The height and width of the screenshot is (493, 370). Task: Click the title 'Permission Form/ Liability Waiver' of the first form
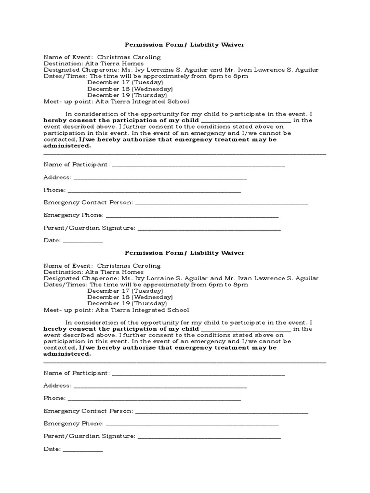pyautogui.click(x=185, y=45)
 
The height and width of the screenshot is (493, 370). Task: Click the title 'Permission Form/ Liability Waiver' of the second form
pyautogui.click(x=185, y=253)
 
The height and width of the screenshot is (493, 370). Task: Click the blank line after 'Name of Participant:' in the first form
pyautogui.click(x=198, y=166)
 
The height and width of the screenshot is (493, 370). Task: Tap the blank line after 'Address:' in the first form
pyautogui.click(x=160, y=179)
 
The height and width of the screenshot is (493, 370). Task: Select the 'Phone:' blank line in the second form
pyautogui.click(x=154, y=400)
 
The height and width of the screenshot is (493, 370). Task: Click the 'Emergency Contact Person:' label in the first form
pyautogui.click(x=88, y=202)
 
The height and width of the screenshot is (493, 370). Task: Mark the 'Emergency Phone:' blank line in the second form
pyautogui.click(x=192, y=425)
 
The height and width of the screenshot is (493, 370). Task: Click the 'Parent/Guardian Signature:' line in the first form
pyautogui.click(x=209, y=229)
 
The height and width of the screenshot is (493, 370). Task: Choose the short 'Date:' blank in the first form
pyautogui.click(x=83, y=242)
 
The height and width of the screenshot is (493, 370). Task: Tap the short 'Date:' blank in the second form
pyautogui.click(x=83, y=450)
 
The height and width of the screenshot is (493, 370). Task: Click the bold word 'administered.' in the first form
pyautogui.click(x=67, y=145)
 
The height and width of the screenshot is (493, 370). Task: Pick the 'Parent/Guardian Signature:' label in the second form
pyautogui.click(x=89, y=436)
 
